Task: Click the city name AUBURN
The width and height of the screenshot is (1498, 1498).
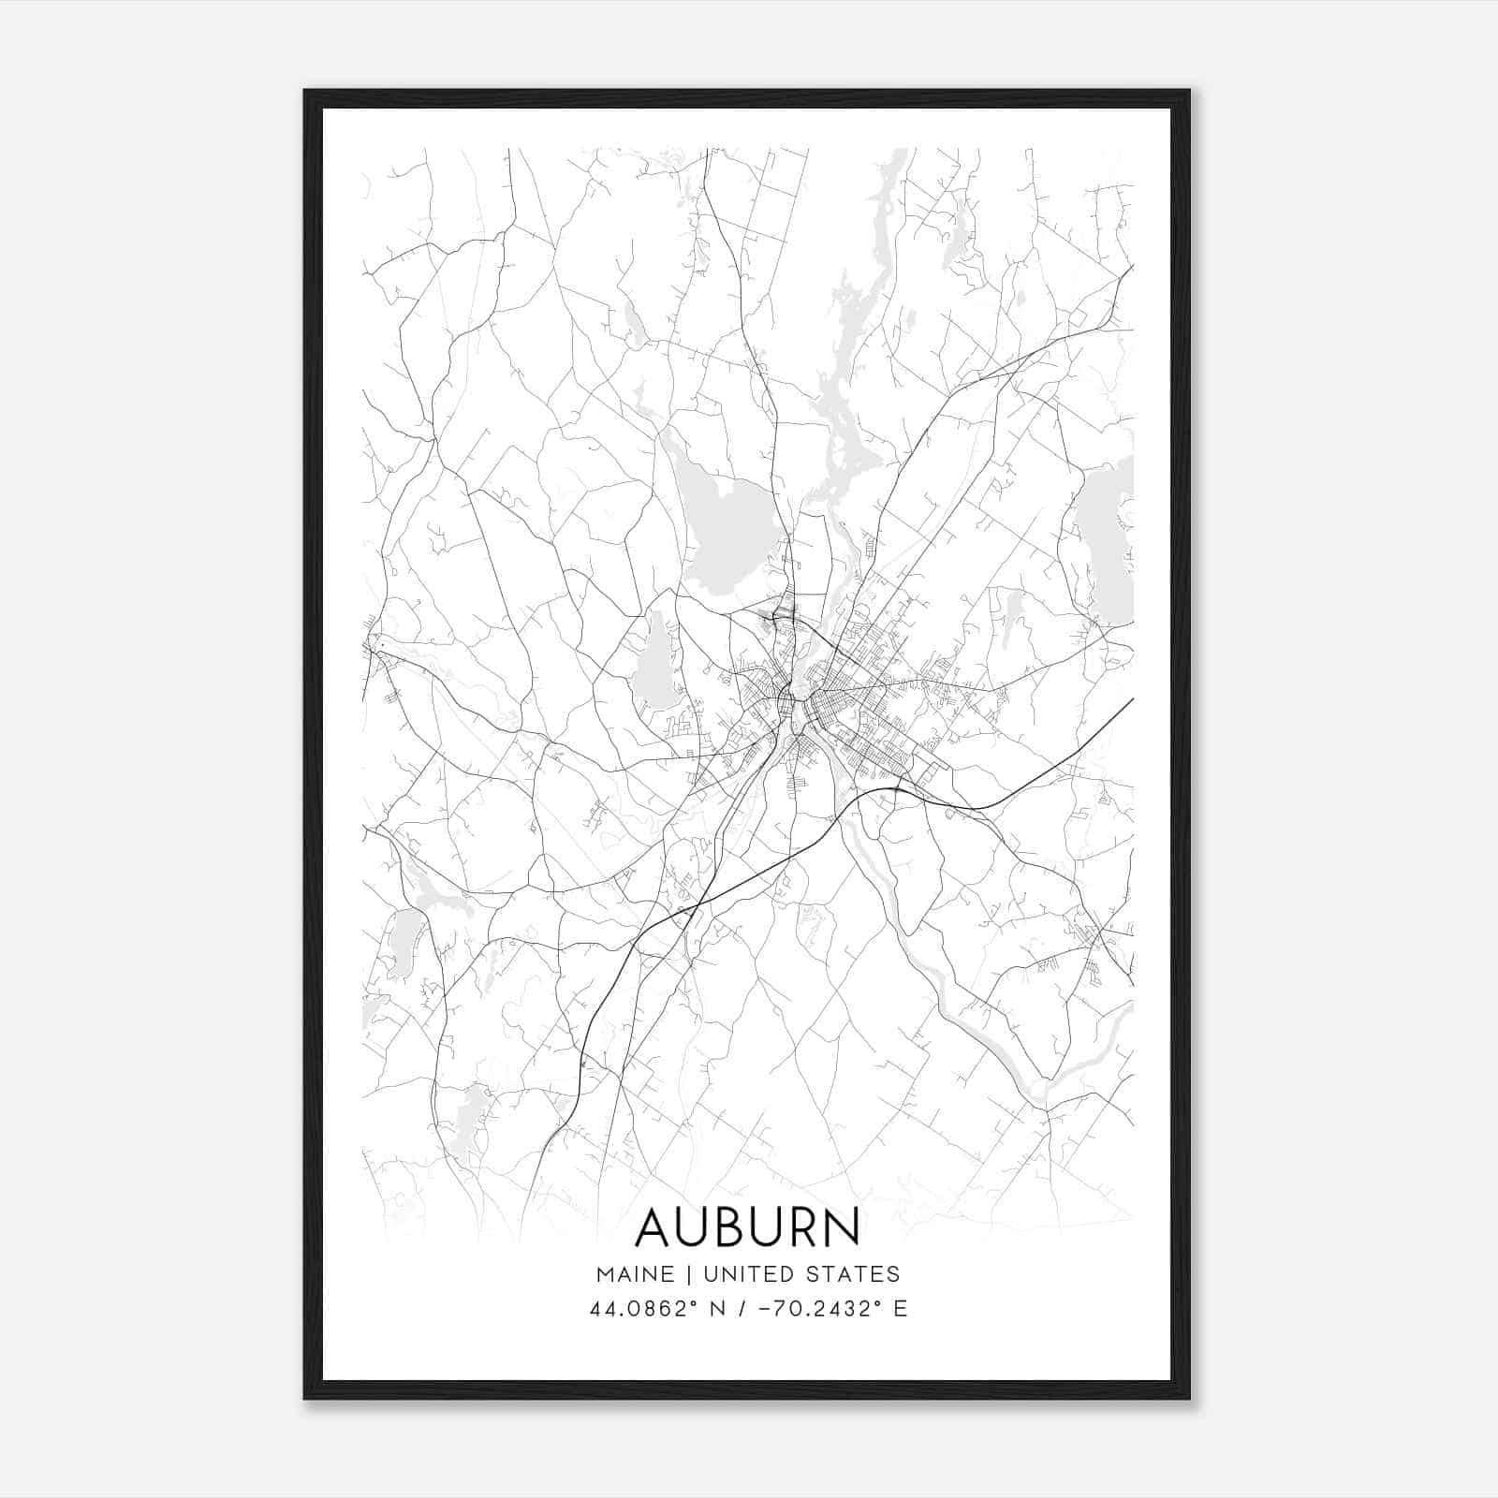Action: pyautogui.click(x=747, y=1227)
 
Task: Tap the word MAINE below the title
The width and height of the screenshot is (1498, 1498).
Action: pyautogui.click(x=634, y=1274)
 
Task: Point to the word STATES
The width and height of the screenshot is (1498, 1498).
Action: pyautogui.click(x=856, y=1274)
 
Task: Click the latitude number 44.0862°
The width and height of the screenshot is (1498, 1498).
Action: pyautogui.click(x=645, y=1309)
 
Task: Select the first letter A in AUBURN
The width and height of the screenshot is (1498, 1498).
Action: pyautogui.click(x=654, y=1227)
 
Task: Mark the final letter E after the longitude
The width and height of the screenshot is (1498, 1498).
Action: pyautogui.click(x=901, y=1309)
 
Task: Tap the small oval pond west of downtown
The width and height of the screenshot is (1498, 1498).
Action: pyautogui.click(x=655, y=665)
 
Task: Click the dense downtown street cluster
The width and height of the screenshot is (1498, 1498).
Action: pyautogui.click(x=824, y=702)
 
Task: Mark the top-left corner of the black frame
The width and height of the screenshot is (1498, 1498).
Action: pyautogui.click(x=305, y=92)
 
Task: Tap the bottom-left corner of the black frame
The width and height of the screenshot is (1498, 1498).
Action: pyautogui.click(x=305, y=1397)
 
